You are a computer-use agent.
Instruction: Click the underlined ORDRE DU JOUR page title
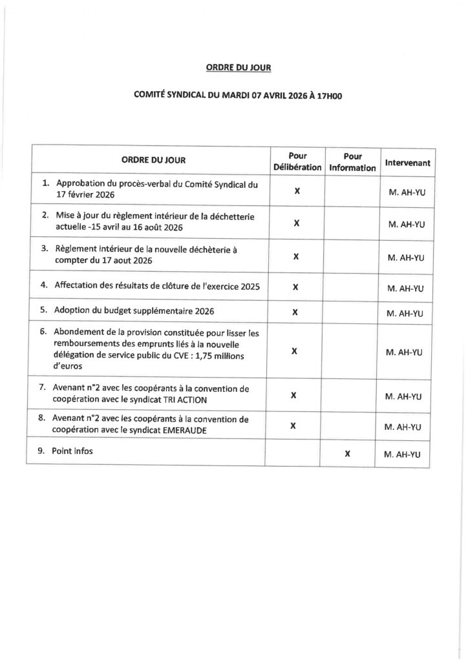(x=234, y=66)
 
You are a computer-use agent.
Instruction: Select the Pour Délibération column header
(x=297, y=161)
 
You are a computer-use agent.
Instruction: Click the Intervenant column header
(x=407, y=163)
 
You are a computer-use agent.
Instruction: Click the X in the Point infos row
(x=347, y=454)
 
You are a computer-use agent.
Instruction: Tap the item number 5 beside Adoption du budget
(x=44, y=310)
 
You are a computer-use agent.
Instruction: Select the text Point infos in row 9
(x=74, y=451)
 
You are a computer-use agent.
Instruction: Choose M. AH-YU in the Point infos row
(x=403, y=454)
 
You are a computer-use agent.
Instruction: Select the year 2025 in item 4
(x=248, y=285)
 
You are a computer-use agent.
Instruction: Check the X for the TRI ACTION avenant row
(x=294, y=395)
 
